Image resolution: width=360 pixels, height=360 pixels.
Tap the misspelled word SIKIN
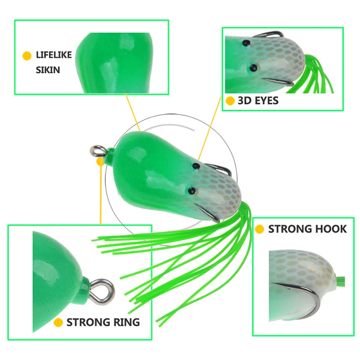(48, 70)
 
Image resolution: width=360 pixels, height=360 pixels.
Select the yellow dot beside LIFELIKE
(27, 56)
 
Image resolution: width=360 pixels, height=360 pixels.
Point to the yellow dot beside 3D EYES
(230, 100)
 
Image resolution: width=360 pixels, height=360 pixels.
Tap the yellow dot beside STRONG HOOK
(260, 229)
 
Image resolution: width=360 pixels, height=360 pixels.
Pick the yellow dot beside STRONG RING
(58, 323)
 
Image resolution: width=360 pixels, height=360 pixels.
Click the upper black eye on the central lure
(196, 166)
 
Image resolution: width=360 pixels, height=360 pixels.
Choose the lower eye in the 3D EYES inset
(253, 68)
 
